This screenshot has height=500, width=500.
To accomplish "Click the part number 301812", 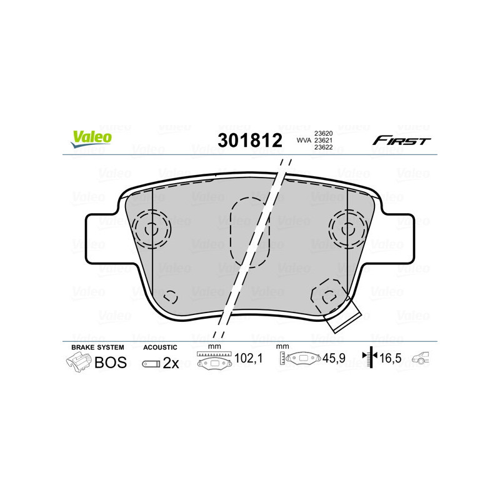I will click(249, 140).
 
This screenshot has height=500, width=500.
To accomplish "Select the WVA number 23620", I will click(323, 133).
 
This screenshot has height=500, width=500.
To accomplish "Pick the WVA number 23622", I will click(323, 148).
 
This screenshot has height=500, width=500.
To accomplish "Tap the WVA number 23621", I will click(323, 141).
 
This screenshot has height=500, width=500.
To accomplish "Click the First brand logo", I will click(401, 141).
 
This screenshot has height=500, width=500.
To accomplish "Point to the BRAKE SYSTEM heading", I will click(97, 347).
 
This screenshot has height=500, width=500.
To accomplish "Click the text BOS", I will click(110, 362).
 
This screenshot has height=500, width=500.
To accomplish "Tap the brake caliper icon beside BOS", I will click(78, 362).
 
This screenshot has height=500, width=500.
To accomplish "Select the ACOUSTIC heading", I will click(161, 347).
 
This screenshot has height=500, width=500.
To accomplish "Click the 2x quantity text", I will click(171, 363).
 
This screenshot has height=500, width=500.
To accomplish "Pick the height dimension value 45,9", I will click(334, 359).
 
